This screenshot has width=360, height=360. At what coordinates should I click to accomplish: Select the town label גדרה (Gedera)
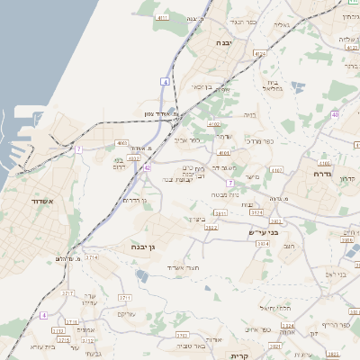point(323,174)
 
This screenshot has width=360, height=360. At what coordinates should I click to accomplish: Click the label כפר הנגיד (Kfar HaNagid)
point(244,22)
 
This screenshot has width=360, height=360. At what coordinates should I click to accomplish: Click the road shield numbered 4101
point(163,16)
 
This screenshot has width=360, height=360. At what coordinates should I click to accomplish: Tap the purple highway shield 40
point(335,114)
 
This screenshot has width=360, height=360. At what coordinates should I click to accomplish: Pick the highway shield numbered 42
point(147,167)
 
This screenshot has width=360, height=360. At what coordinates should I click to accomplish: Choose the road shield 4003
point(121,142)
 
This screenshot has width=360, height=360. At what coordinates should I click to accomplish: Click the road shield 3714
point(92,257)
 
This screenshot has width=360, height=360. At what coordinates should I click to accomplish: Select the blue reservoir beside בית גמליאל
point(297,88)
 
